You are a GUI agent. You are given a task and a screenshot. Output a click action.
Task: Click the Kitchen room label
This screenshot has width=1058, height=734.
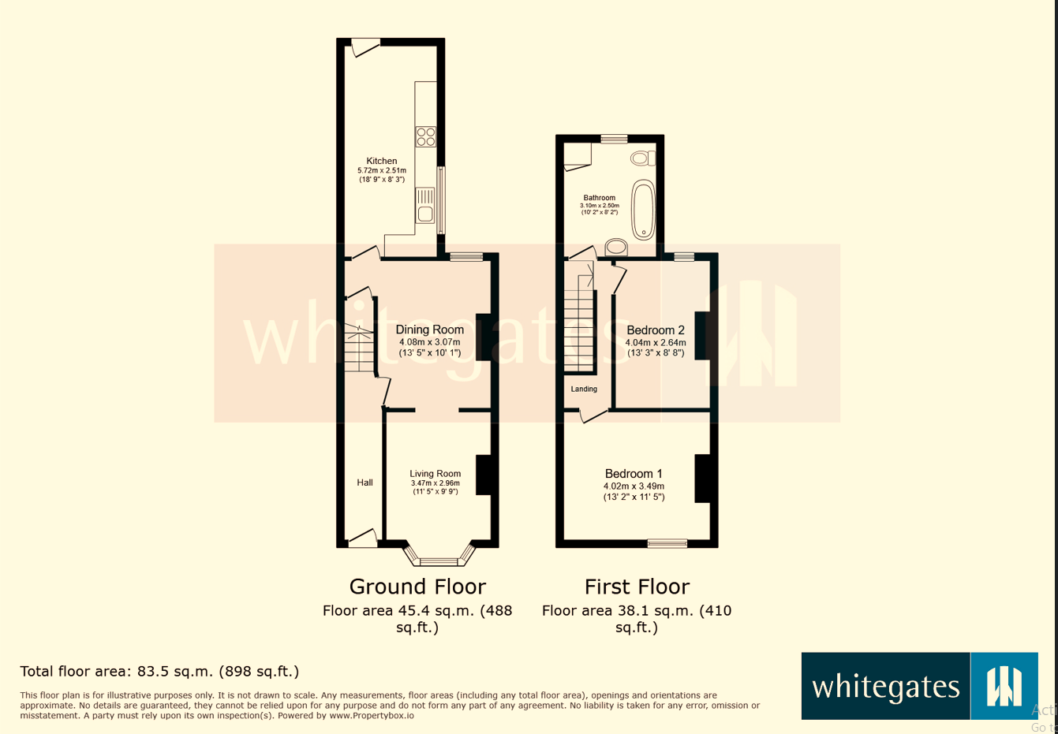pos(382,161)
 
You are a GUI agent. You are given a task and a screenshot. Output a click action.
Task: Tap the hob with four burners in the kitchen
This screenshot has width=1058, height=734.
pos(425,136)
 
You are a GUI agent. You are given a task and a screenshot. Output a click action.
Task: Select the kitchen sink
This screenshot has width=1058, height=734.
pos(425,205)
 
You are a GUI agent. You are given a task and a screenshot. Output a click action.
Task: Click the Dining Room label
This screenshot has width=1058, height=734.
pos(429,330)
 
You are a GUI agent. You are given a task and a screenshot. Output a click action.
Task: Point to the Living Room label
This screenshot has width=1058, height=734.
pos(435,474)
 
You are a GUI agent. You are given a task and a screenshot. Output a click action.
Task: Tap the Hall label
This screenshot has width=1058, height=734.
pos(365,483)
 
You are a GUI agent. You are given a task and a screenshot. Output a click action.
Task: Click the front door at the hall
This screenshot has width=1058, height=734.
pos(363,539)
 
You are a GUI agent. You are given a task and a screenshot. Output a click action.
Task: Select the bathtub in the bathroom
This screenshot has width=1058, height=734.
pos(643,210)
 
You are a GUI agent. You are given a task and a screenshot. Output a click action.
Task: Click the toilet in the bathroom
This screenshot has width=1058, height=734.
pos(642,158)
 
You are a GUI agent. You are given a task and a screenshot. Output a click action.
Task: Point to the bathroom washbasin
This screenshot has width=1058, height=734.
pos(616,248)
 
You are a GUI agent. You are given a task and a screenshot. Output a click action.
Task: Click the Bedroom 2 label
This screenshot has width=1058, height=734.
pos(656,330)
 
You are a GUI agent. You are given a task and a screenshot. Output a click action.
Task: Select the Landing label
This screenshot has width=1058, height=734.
pos(584,389)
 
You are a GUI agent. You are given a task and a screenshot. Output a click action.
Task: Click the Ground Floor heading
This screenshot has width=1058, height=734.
pos(417,587)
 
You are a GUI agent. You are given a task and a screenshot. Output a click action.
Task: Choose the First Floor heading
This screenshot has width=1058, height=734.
pos(637,587)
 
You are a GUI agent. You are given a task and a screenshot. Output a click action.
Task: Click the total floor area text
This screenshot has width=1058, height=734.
pos(159,672)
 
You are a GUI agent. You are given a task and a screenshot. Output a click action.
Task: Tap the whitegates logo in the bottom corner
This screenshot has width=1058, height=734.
pos(919,686)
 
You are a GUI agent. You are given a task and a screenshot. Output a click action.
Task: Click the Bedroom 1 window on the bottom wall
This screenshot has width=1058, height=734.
pos(667,542)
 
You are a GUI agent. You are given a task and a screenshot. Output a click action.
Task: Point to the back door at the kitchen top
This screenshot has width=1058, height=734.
pos(365,47)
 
